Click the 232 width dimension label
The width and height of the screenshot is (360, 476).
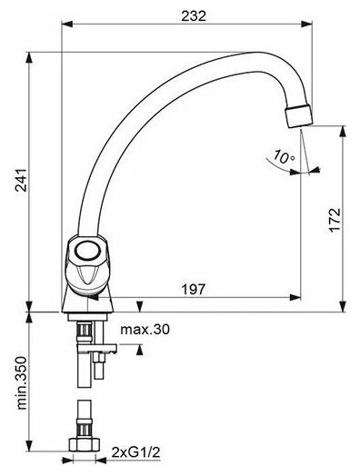coord(194,15)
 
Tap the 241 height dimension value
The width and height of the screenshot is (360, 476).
coord(22,180)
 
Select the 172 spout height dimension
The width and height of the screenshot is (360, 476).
coord(335,220)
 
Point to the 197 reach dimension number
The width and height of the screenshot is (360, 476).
coord(194,289)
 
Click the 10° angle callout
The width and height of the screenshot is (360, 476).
coord(284,157)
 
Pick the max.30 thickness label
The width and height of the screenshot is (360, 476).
coord(145,329)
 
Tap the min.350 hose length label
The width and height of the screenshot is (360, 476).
coord(22,383)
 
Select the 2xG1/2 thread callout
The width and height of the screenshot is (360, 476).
coord(135,452)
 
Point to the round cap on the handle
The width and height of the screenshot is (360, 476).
coord(87,251)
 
